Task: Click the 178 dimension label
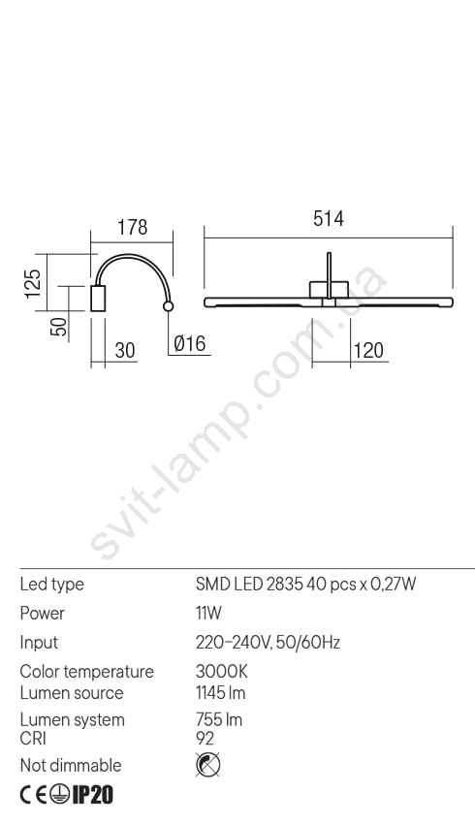[x=132, y=228]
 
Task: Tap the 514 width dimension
[x=329, y=219]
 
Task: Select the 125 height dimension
[x=33, y=283]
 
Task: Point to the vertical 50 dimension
[x=60, y=326]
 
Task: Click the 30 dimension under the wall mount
[x=124, y=351]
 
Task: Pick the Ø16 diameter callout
[x=190, y=344]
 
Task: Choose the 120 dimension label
[x=368, y=351]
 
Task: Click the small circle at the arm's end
[x=168, y=306]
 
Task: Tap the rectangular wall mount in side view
[x=98, y=299]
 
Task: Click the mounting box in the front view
[x=329, y=290]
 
